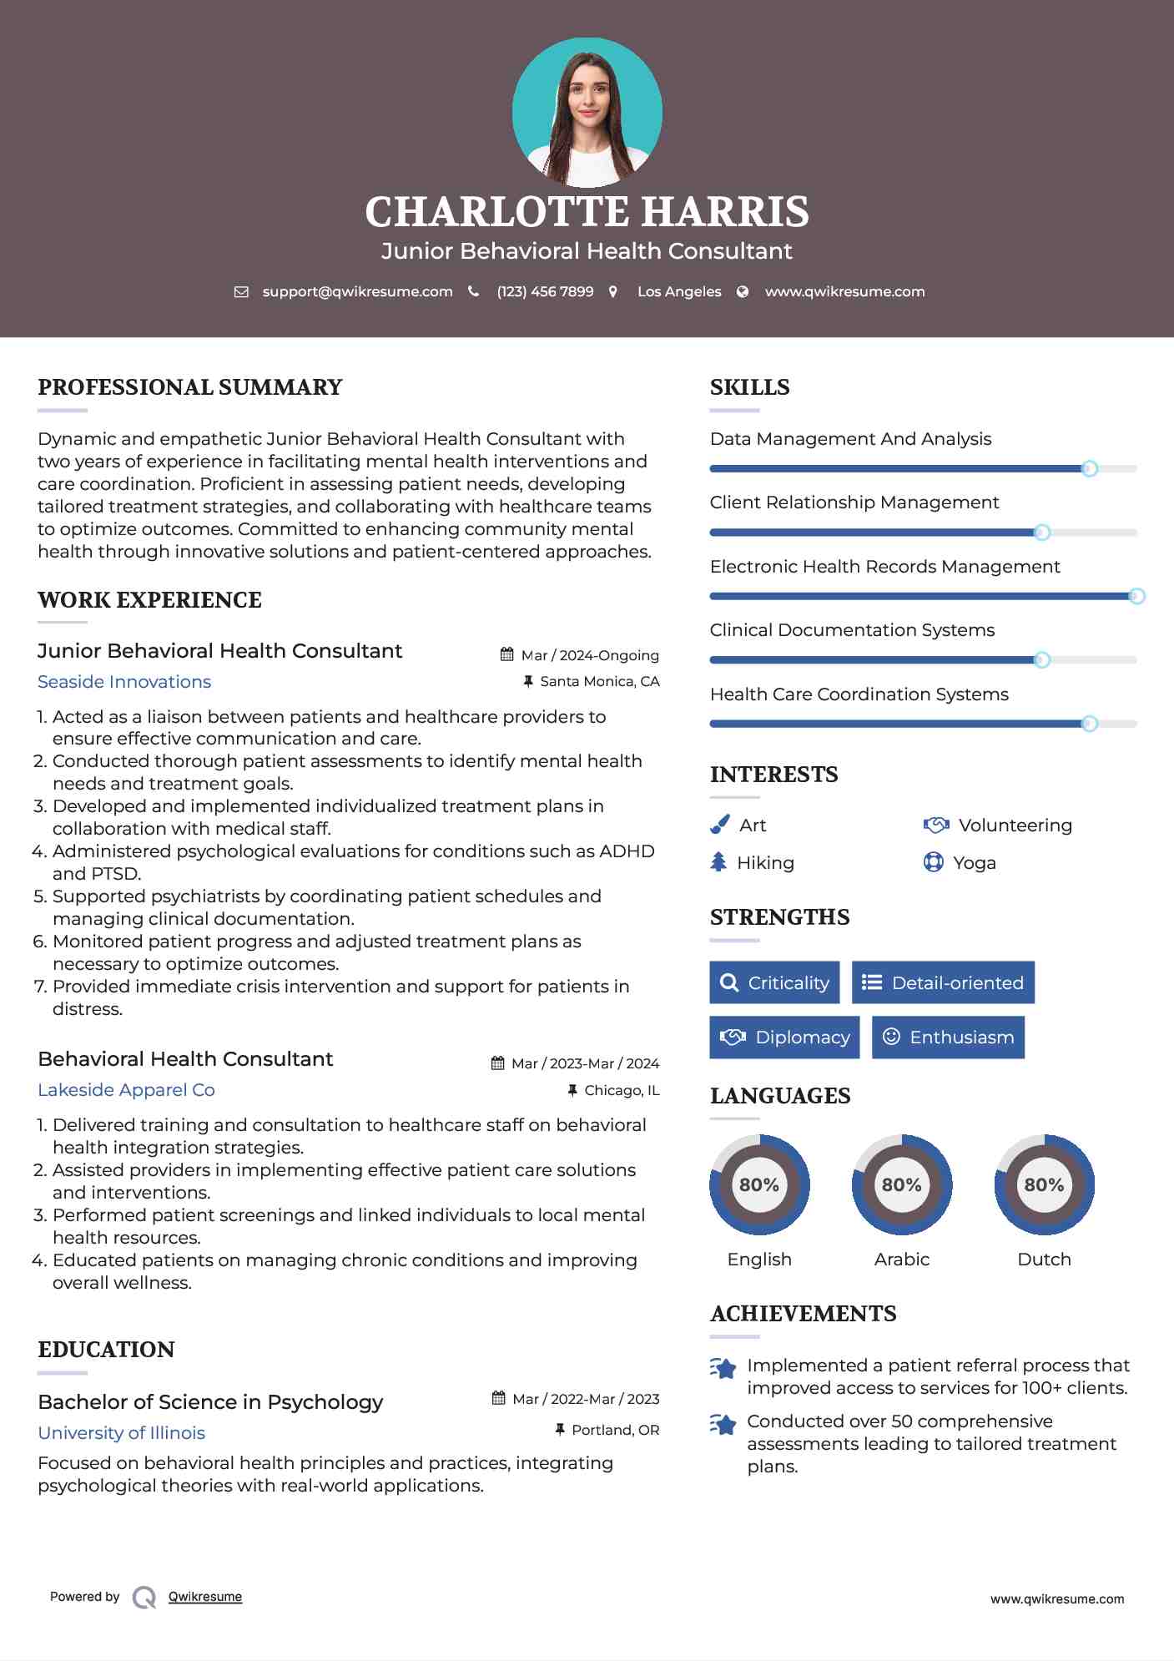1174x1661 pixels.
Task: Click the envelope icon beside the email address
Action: coord(241,292)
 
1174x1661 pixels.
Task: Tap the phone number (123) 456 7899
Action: coord(545,292)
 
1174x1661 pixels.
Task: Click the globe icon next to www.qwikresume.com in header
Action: coord(743,292)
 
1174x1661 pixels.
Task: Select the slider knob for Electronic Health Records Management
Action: coord(1136,596)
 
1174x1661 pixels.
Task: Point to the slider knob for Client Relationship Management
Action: coord(1041,533)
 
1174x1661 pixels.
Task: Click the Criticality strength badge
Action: coord(774,982)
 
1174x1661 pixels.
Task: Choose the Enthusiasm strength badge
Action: coord(948,1037)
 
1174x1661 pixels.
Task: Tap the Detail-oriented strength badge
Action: coord(943,982)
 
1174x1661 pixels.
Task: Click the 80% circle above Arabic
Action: coord(901,1184)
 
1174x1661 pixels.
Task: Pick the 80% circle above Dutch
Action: coord(1044,1184)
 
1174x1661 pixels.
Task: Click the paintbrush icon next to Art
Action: coord(719,825)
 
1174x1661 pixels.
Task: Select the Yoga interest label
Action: coord(975,863)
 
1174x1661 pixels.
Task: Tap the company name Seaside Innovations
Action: coord(124,682)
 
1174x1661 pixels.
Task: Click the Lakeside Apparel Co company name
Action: coord(126,1090)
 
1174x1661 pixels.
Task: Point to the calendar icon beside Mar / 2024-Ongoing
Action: coord(506,654)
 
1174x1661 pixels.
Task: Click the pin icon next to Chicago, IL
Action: coord(572,1090)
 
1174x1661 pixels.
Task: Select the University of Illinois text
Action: coord(121,1433)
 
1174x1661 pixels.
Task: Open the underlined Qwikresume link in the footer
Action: coord(205,1597)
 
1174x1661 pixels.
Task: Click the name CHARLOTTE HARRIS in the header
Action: coord(587,212)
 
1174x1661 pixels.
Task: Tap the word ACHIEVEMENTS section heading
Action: coord(803,1314)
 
